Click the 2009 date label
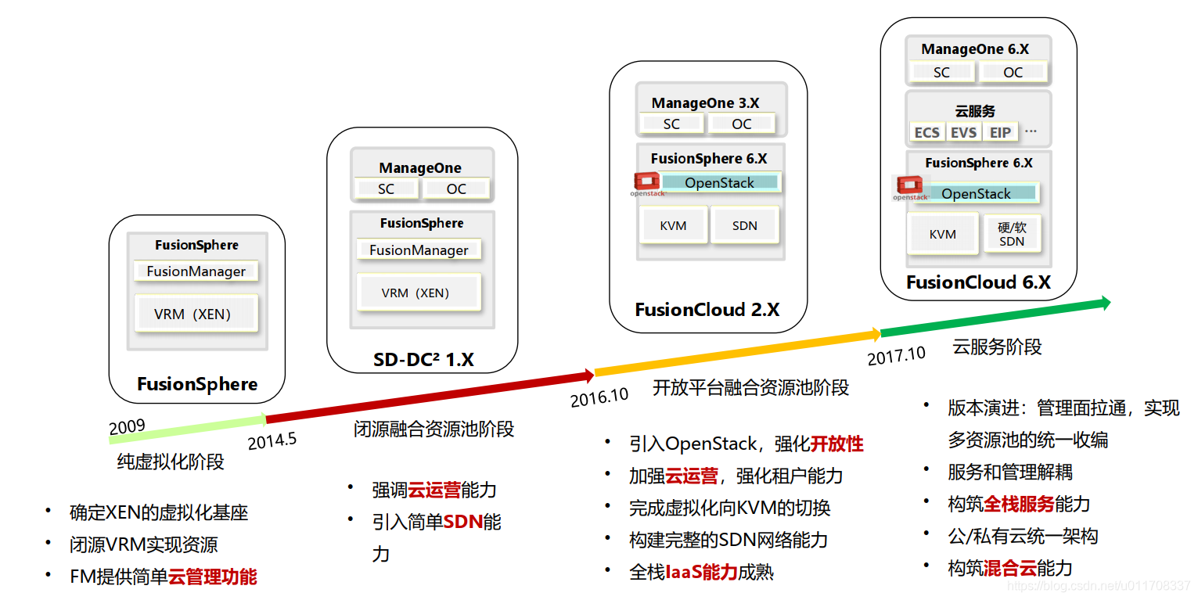(x=128, y=427)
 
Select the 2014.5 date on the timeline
(x=272, y=440)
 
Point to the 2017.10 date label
(x=897, y=355)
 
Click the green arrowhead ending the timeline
(x=1103, y=303)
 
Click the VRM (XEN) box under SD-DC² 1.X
(x=418, y=293)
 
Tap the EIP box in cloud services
(x=1000, y=132)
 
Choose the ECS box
(x=927, y=132)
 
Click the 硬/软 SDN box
(x=1012, y=234)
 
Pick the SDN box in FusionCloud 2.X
(x=745, y=225)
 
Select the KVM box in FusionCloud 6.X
(x=943, y=234)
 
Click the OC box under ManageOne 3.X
(x=741, y=124)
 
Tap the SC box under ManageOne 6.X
(x=941, y=72)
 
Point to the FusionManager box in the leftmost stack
(x=196, y=271)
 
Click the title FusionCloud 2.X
(x=707, y=310)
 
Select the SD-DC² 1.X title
(x=423, y=359)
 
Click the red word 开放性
(x=836, y=444)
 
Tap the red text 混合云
(x=1010, y=569)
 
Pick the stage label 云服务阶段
(x=997, y=347)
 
